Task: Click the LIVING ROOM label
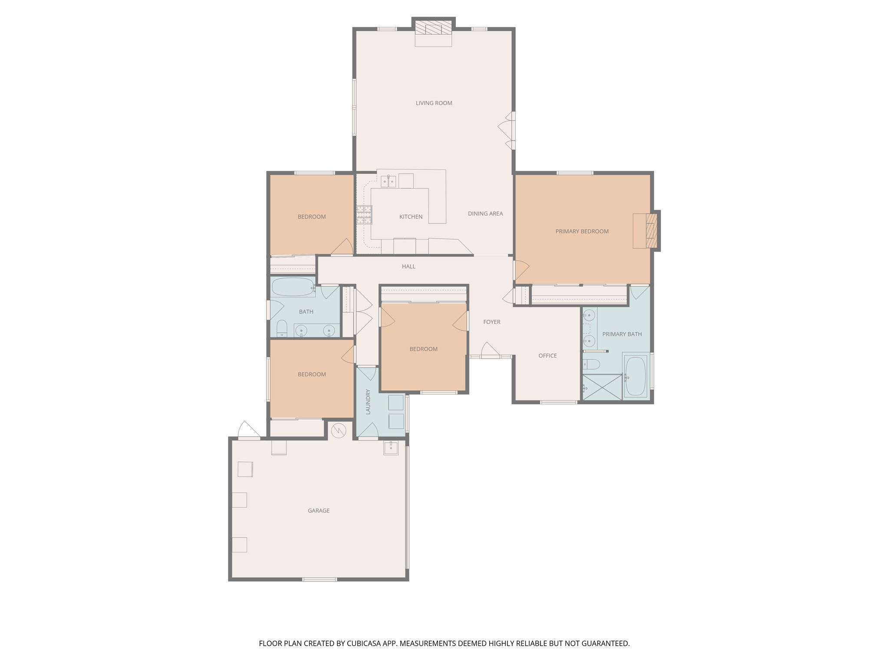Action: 434,103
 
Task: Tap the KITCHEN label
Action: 411,217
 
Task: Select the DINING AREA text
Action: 485,214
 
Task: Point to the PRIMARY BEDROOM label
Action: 582,232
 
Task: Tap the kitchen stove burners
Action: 364,215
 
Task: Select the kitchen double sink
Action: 388,181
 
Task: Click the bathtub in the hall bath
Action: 293,287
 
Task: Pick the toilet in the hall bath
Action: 282,328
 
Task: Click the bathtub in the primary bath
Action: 636,375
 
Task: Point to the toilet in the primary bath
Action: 592,363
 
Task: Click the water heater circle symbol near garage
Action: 338,430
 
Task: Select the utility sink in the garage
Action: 391,448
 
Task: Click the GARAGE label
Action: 319,511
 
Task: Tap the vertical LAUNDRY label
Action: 368,402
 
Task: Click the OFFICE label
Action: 547,356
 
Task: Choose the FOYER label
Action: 492,322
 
